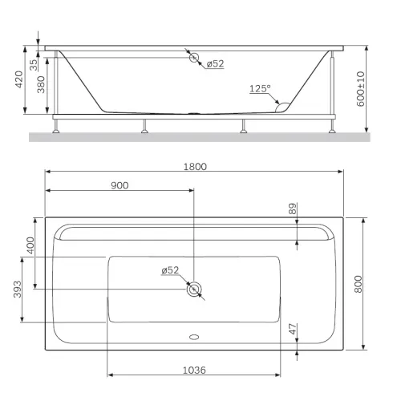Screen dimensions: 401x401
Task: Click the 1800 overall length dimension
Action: click(x=194, y=167)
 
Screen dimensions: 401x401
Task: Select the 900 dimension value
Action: click(x=119, y=185)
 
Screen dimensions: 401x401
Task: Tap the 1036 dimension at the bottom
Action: click(x=194, y=370)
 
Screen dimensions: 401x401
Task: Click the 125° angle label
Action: click(x=259, y=90)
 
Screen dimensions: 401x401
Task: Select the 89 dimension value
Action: click(x=293, y=209)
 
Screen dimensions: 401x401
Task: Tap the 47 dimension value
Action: click(x=293, y=329)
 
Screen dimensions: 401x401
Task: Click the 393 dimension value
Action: click(x=17, y=291)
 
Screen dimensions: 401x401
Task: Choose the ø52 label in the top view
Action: click(x=170, y=270)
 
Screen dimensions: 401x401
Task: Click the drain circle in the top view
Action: click(x=193, y=289)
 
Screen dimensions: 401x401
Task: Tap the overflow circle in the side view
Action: click(x=193, y=57)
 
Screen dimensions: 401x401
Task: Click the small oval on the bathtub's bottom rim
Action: click(x=193, y=337)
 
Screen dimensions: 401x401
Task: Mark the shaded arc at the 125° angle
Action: click(x=283, y=103)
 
